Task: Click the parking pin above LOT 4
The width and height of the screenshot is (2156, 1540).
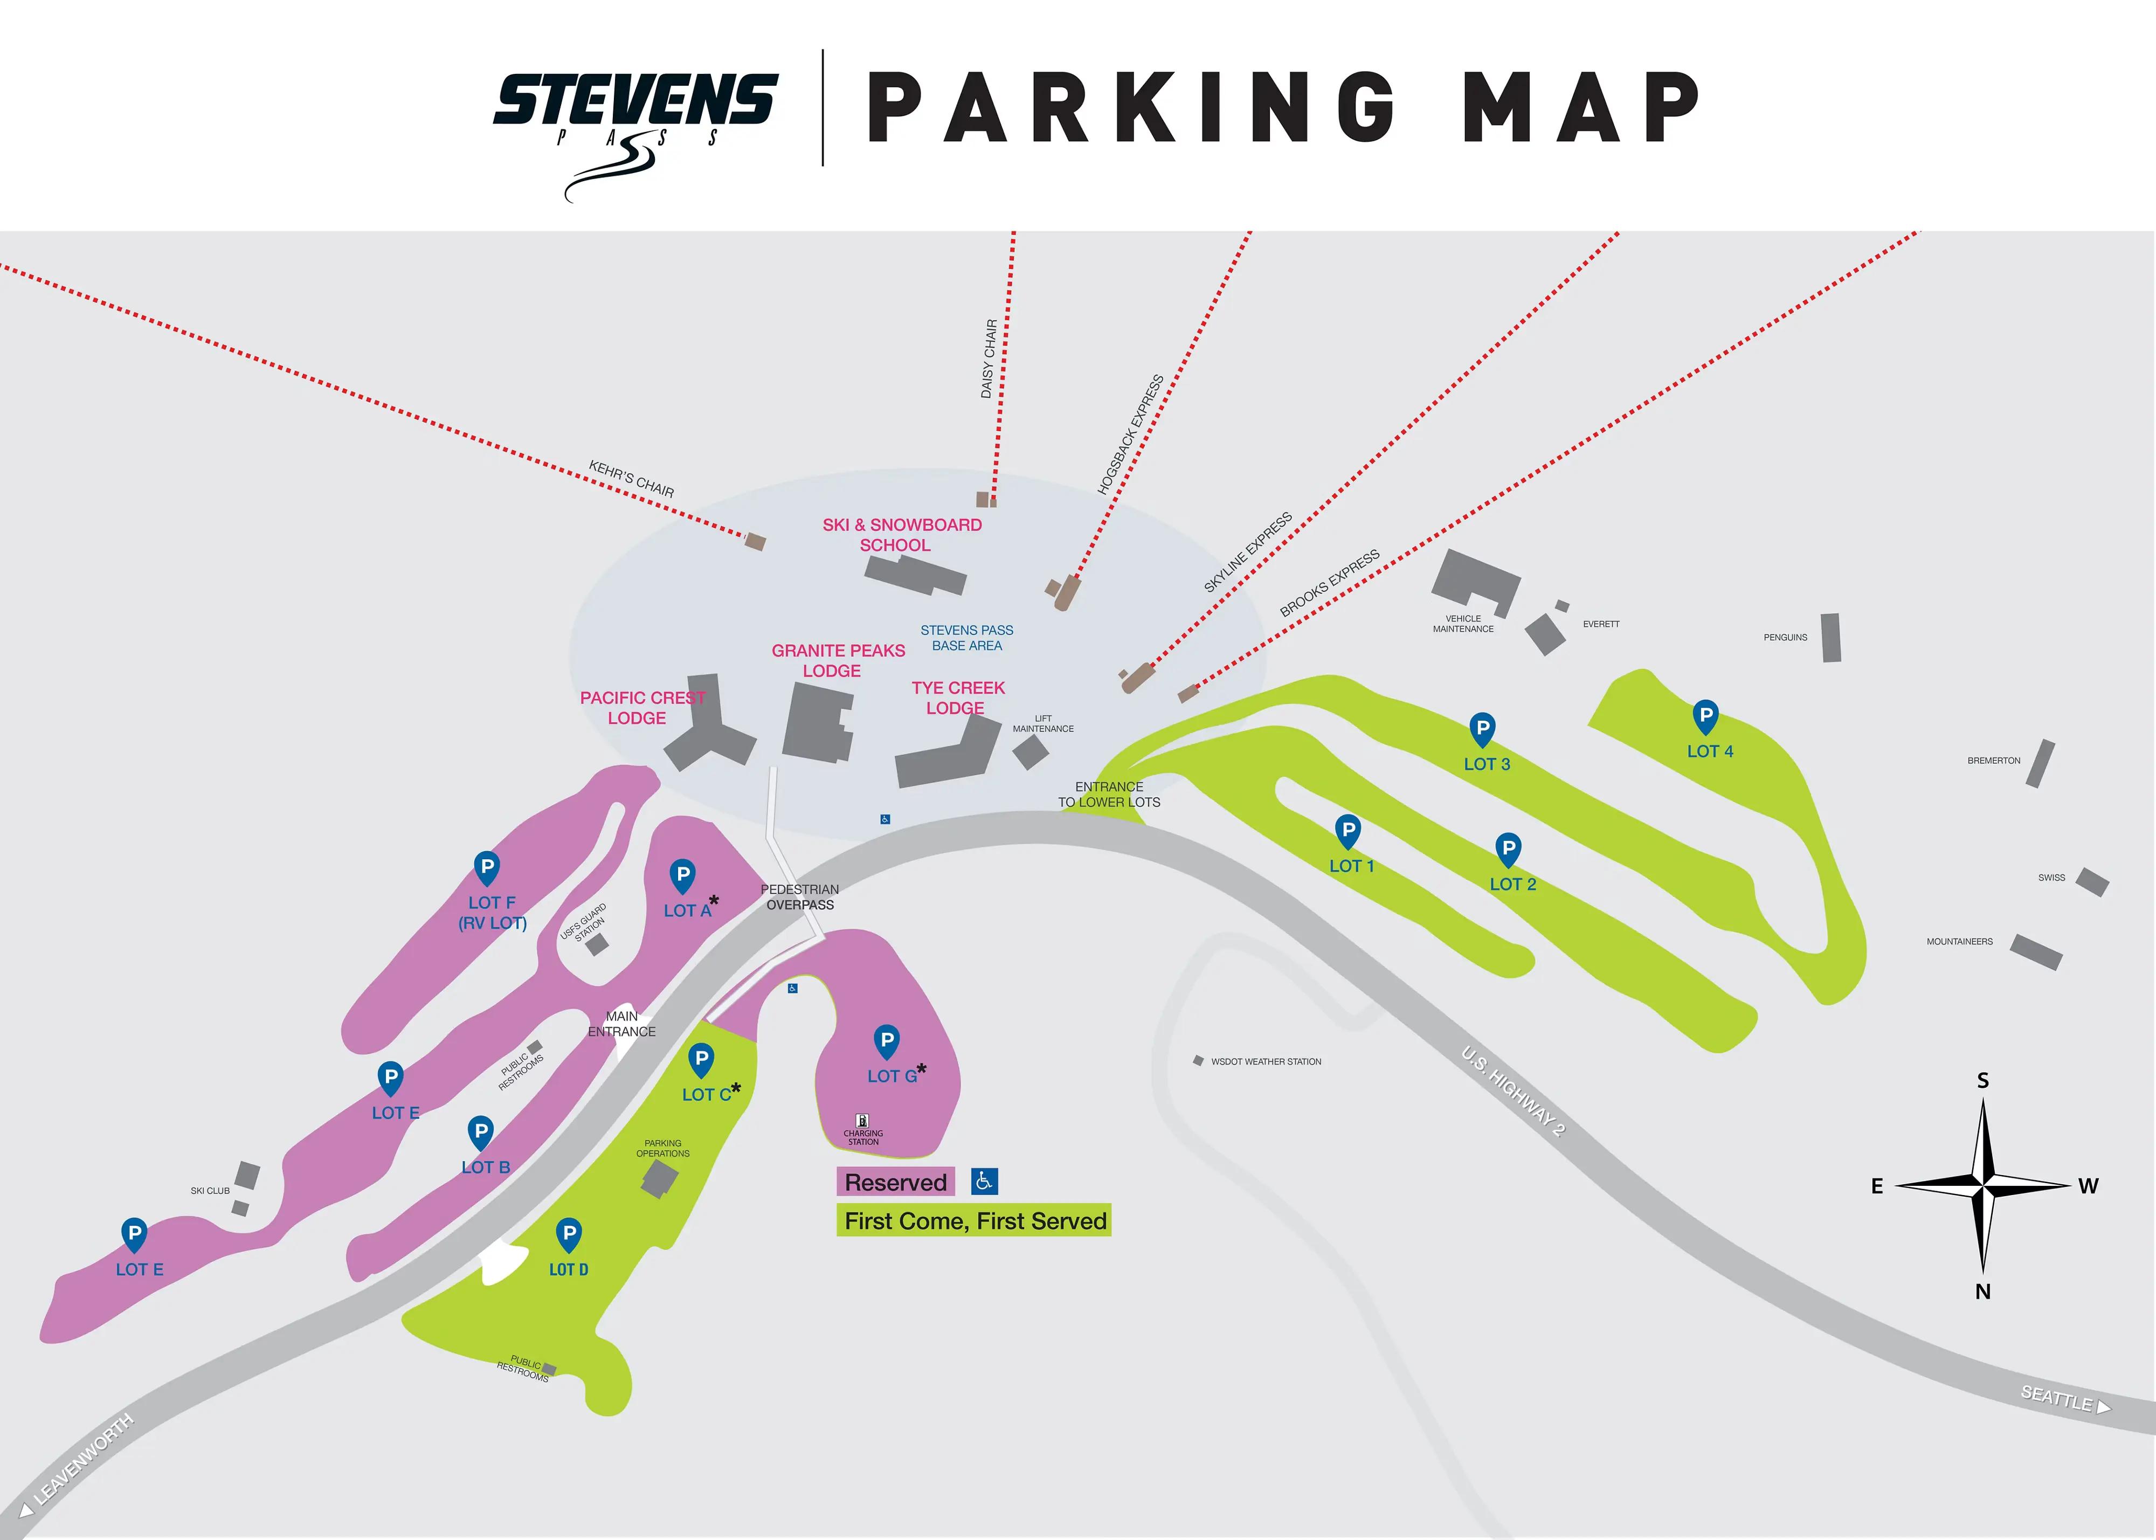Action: click(1705, 717)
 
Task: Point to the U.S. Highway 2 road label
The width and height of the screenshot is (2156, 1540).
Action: click(1513, 1090)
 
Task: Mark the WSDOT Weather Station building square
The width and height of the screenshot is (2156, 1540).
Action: click(1198, 1060)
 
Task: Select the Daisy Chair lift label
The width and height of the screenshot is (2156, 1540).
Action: click(989, 358)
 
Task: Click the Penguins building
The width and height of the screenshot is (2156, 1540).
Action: click(1831, 637)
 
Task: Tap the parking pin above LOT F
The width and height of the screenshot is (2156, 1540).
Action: click(486, 867)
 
